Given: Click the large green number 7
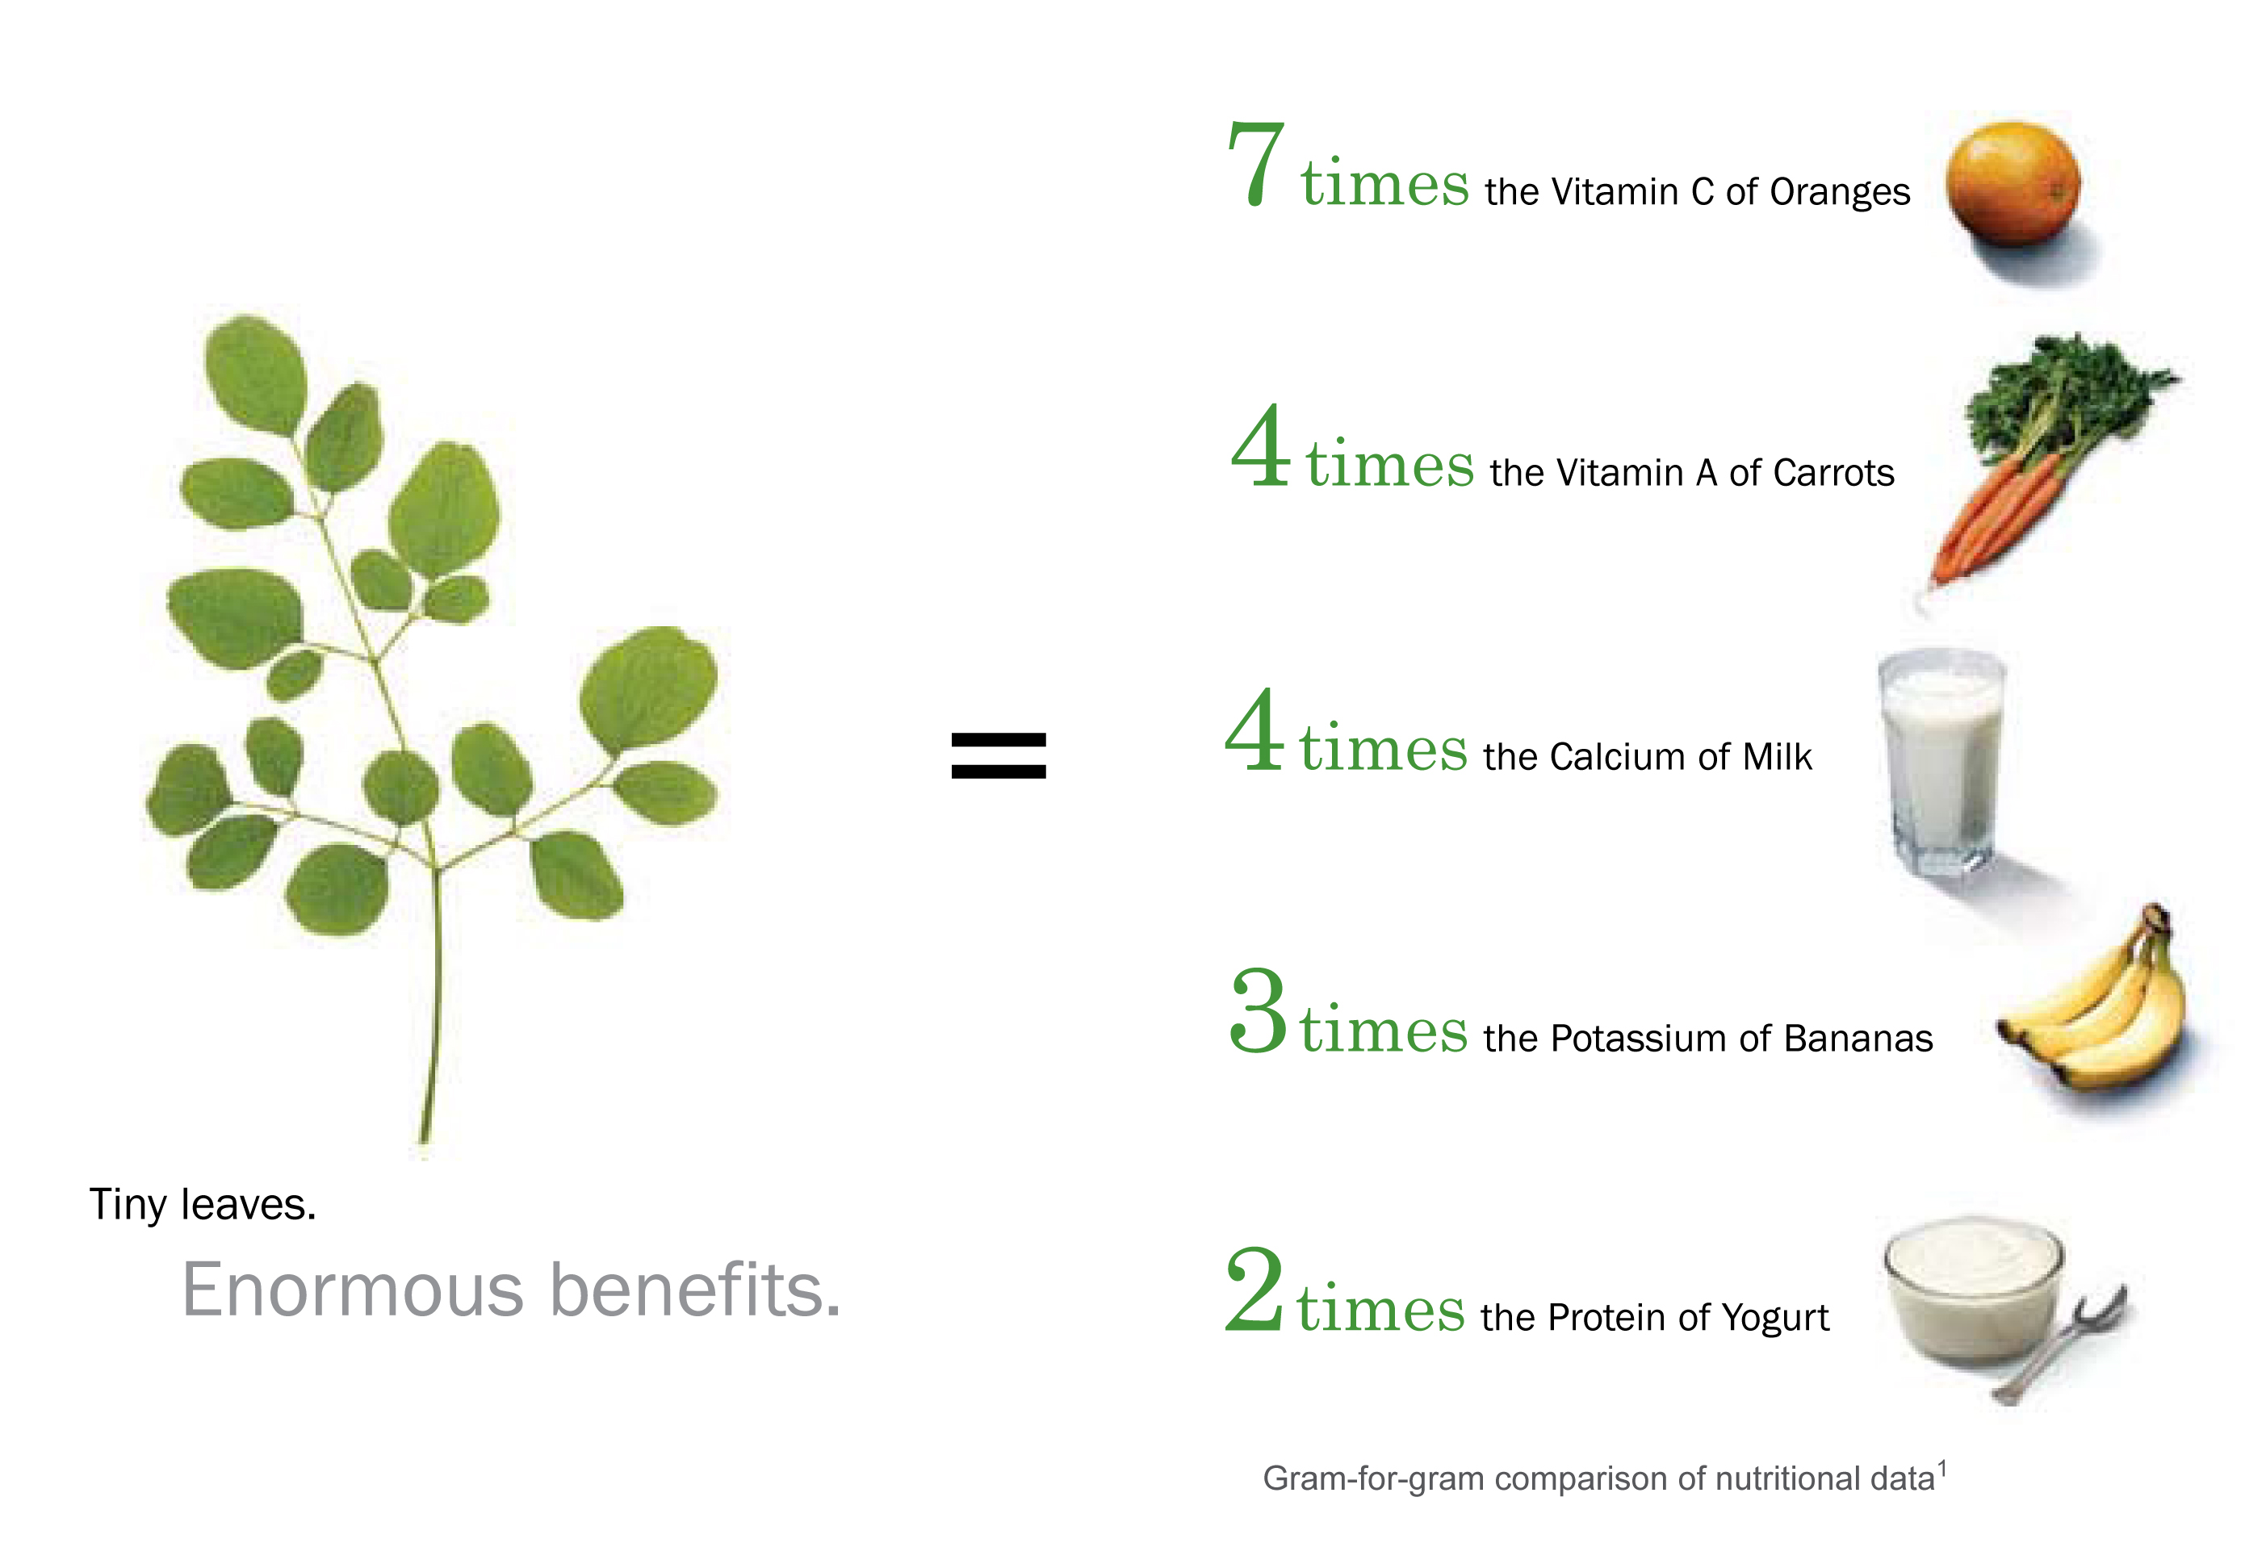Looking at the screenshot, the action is [x=1256, y=164].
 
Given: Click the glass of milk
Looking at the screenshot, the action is [x=1941, y=761].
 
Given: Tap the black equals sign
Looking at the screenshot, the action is [x=999, y=755].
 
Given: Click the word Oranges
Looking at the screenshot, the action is [x=1840, y=193].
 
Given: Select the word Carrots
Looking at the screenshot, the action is [x=1834, y=473].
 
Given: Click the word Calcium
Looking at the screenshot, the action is [x=1619, y=757].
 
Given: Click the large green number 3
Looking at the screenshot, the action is [x=1258, y=1011].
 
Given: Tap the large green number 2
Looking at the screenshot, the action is [x=1254, y=1289].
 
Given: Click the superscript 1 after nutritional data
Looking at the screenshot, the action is [x=1943, y=1468].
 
